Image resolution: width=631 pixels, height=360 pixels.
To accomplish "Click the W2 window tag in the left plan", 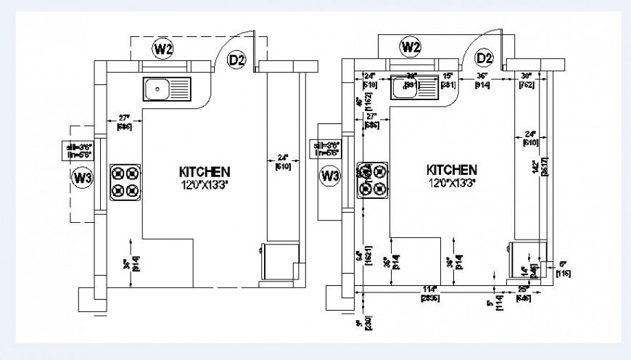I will pos(162,49).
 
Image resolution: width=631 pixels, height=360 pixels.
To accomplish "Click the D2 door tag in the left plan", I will pos(236,60).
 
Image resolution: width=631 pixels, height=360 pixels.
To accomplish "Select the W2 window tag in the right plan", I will pos(411,47).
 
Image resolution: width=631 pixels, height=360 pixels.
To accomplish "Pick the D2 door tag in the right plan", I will pos(484,58).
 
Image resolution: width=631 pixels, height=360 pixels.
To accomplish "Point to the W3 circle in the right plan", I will pos(330,176).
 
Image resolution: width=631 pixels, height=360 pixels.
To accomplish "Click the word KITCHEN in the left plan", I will pos(205,172).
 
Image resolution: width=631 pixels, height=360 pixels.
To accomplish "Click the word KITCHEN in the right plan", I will pos(452,168).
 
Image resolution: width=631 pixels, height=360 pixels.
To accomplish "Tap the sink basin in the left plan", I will pos(156,91).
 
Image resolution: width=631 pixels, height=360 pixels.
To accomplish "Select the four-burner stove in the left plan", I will pos(125,182).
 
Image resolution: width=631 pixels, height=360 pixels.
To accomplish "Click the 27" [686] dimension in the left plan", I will pos(124,121).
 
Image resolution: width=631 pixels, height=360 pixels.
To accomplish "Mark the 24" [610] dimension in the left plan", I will pos(283,161).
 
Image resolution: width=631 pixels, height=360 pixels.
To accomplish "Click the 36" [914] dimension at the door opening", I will pos(482,80).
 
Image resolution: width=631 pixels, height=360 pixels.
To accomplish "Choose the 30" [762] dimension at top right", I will pos(527,80).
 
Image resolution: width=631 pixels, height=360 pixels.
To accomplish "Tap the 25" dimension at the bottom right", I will pos(523,293).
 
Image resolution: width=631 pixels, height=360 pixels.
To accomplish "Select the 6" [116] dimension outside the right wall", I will pos(564,269).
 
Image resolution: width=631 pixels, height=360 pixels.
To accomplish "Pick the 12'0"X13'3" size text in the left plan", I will pos(205,184).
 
